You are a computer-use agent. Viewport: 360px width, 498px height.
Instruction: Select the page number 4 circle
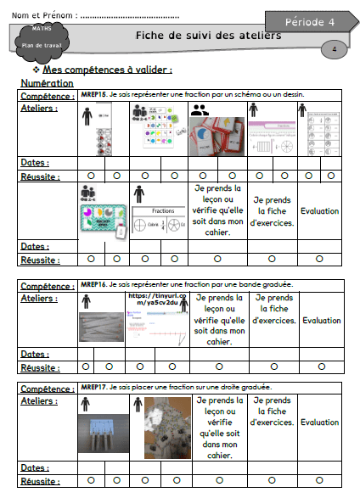(335, 50)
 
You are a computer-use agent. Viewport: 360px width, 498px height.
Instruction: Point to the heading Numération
(48, 83)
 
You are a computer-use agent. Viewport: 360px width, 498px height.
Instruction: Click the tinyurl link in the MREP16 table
(153, 299)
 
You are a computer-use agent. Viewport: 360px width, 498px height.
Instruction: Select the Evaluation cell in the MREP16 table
(321, 321)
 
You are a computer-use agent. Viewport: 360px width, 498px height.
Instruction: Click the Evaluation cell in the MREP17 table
(321, 422)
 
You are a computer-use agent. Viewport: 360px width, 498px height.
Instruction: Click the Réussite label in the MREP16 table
(40, 367)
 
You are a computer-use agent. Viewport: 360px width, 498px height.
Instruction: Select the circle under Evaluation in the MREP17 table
(321, 480)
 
